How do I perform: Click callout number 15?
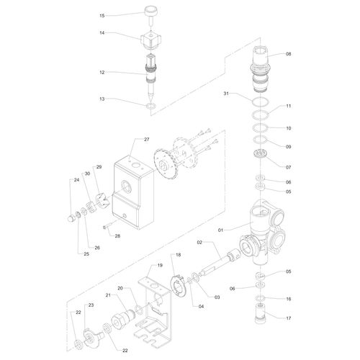click(102, 15)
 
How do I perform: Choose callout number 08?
click(288, 54)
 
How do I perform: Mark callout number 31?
click(225, 94)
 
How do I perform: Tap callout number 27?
click(146, 139)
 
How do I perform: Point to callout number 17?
click(288, 318)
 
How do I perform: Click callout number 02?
click(199, 242)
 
